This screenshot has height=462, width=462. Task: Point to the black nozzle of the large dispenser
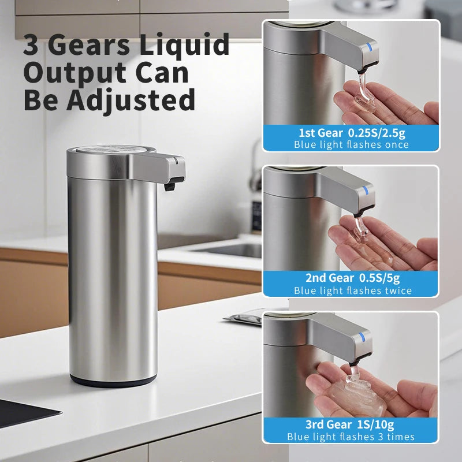pos(169,186)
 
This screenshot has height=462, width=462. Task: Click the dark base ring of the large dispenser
pos(113,381)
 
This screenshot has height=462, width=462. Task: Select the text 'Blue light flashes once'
pos(351,144)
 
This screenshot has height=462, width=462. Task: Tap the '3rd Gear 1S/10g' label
pos(351,424)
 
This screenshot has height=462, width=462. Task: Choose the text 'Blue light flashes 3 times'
pos(351,437)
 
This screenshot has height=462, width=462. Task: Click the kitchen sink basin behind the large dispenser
pos(231,249)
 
